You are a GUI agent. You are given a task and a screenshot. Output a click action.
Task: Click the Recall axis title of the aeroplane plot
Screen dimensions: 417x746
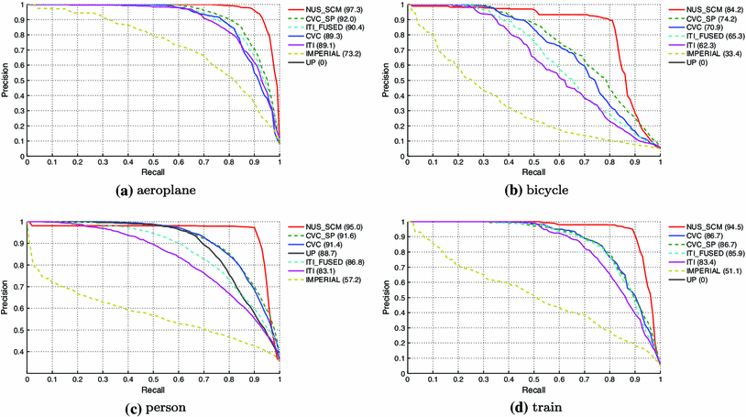[153, 171]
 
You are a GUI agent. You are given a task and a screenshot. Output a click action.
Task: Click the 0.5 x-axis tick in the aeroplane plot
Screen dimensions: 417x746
[153, 162]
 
